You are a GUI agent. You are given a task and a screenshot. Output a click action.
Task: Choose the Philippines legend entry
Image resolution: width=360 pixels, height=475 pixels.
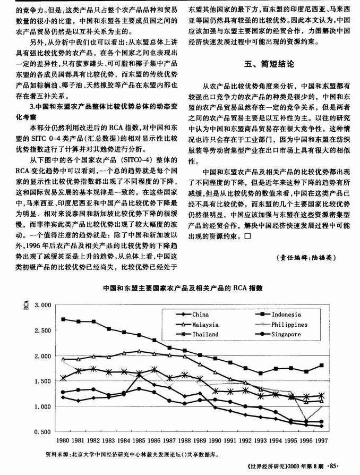coord(289,325)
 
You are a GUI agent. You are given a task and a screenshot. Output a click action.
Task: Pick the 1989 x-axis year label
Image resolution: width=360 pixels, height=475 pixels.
coord(200,441)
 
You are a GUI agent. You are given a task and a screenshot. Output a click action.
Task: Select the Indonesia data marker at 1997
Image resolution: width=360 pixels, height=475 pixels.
coord(322,366)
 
